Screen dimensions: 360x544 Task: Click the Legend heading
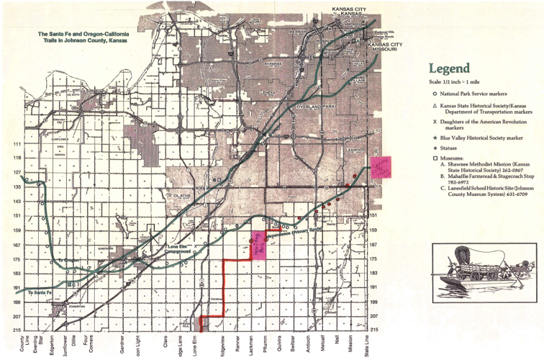(450, 69)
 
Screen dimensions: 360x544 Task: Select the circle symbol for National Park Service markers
(434, 94)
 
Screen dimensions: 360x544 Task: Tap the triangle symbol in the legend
(434, 105)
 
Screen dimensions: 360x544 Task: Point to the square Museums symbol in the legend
(434, 157)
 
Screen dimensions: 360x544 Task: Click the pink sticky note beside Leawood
(379, 166)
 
